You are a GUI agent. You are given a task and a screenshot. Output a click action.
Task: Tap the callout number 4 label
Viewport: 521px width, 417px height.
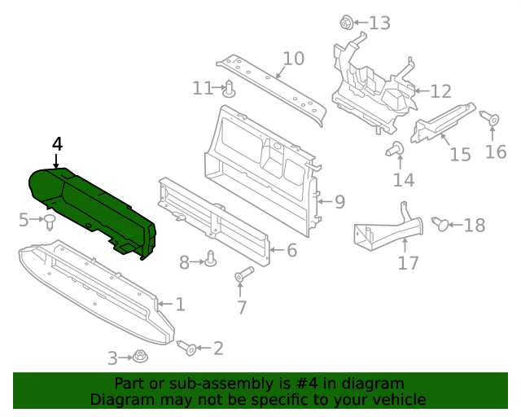57,144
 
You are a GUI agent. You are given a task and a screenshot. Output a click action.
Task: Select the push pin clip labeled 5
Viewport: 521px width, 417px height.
50,222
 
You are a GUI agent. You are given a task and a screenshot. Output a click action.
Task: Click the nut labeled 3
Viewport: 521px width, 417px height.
140,357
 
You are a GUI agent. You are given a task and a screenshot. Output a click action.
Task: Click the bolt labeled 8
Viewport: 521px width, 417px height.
211,259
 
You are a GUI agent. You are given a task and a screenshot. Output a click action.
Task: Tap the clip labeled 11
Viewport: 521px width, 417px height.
230,88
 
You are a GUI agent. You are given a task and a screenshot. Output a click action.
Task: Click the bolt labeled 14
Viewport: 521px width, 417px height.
397,149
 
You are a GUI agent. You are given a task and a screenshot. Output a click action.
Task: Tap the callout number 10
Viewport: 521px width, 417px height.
293,59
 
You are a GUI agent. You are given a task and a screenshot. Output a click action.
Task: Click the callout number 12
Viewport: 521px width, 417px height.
440,91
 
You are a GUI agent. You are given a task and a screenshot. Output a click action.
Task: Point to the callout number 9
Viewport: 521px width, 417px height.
339,201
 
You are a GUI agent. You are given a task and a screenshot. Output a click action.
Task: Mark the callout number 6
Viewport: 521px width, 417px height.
291,251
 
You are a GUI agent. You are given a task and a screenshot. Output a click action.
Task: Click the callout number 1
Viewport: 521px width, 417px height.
180,305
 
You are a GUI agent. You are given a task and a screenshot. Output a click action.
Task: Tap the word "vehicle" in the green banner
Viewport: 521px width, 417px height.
397,399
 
